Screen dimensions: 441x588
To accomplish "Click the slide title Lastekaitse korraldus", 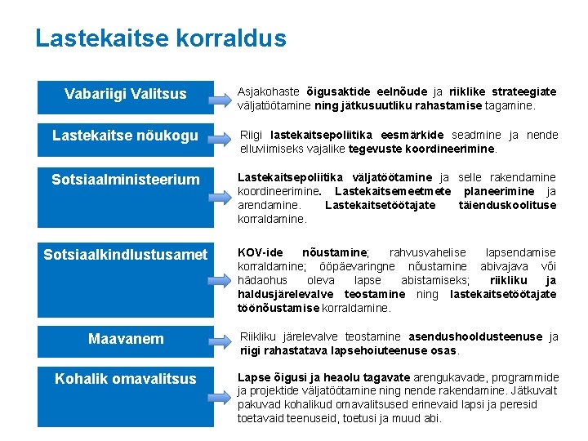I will coord(161,38).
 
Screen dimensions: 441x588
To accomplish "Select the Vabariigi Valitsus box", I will coord(125,96).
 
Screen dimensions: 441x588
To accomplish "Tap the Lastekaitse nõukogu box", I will coord(125,136).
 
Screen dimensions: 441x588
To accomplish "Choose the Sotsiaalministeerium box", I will coord(125,179).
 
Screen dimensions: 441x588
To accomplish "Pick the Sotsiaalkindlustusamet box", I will coord(125,255).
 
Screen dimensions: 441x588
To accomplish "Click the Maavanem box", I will coord(125,338).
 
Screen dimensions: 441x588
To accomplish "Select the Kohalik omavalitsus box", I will coord(125,379).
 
